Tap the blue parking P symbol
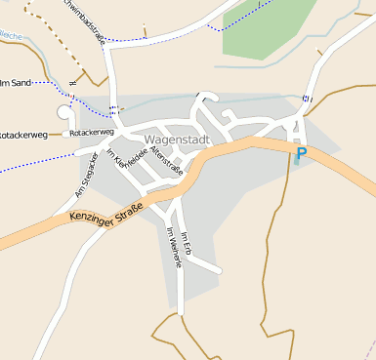pos(302,153)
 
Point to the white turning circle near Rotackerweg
pos(66,113)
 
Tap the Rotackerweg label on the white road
pos(92,132)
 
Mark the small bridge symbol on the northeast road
pos(308,98)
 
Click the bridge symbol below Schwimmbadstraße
pos(114,107)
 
